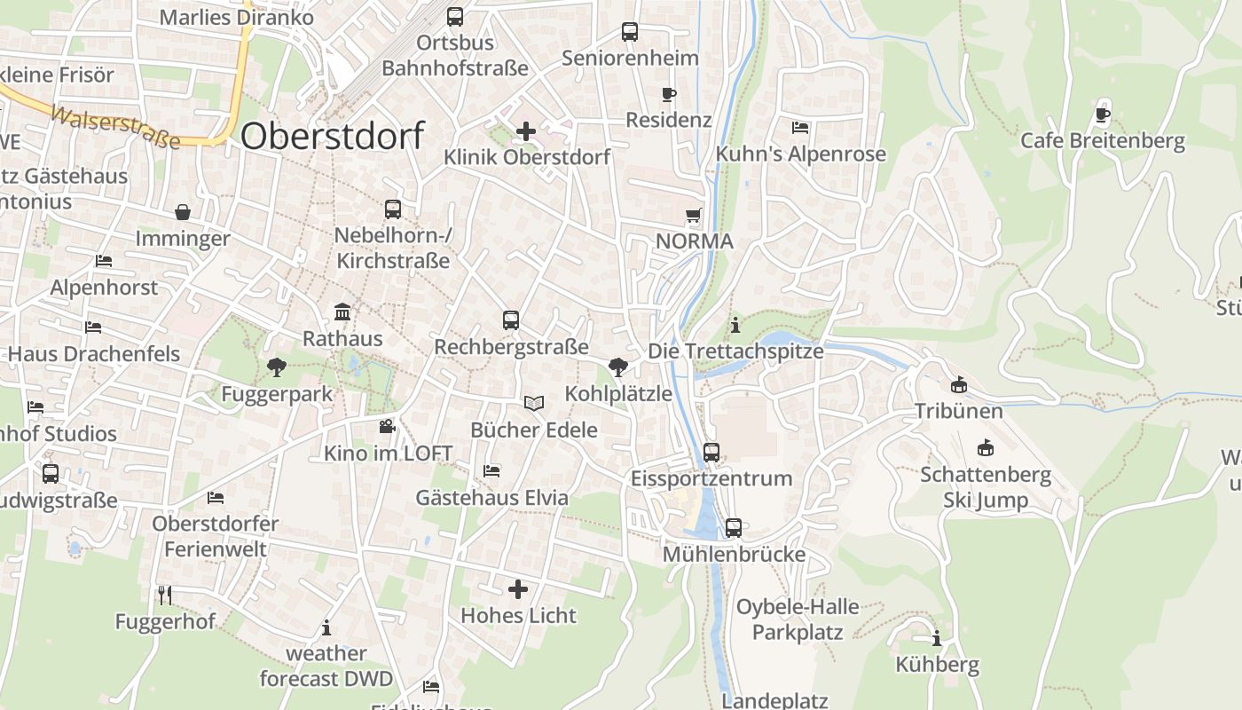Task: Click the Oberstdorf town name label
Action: pos(332,136)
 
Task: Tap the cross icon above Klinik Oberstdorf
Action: pos(526,132)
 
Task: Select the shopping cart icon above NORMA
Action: pos(694,215)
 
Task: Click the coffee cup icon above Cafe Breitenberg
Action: pos(1103,114)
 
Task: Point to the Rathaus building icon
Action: pos(342,312)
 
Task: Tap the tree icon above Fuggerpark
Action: pos(277,367)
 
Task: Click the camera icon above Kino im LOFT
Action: pos(388,427)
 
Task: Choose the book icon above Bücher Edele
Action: pos(533,404)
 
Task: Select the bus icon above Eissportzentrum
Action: pos(711,452)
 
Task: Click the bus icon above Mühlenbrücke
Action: pos(734,527)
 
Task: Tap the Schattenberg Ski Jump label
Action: pos(986,487)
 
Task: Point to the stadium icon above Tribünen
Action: pos(958,385)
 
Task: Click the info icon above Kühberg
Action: pos(937,638)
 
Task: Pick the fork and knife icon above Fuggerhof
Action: pos(165,595)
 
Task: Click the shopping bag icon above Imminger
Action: pos(183,212)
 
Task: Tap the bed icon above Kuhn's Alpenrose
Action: pos(800,128)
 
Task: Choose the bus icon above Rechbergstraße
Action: pos(511,320)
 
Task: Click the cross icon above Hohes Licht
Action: pos(518,589)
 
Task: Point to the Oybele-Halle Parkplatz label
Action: pos(798,619)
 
